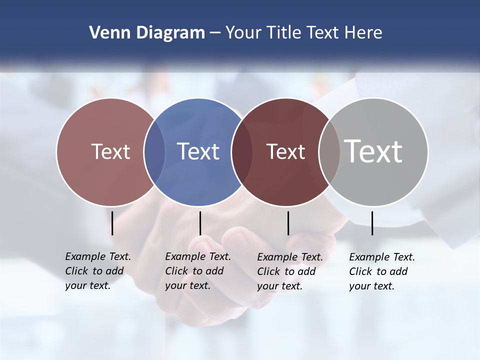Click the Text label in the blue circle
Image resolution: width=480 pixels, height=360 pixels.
(198, 151)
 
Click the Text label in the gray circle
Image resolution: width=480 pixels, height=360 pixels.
(373, 151)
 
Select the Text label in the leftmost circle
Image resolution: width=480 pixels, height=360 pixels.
(110, 151)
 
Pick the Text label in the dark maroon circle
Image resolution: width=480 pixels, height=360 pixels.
(285, 151)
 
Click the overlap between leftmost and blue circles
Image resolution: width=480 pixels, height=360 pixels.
(154, 151)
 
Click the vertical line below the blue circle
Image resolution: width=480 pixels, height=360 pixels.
(200, 223)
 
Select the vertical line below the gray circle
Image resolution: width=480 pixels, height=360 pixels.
(372, 223)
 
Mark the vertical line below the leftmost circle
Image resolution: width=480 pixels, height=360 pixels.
(112, 223)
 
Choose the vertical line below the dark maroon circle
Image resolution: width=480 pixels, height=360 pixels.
(288, 223)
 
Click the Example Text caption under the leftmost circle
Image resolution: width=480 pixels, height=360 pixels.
(98, 256)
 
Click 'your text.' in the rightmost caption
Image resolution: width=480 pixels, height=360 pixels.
(371, 286)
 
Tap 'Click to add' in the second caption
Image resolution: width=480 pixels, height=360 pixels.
(194, 271)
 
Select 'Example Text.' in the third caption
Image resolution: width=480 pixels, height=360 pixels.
(290, 257)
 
